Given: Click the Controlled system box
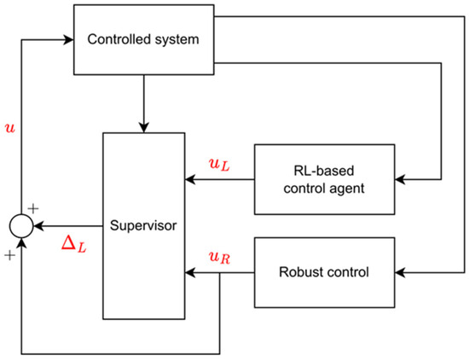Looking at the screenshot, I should (144, 39).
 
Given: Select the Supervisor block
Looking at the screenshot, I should (144, 226).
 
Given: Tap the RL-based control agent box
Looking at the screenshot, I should (325, 179).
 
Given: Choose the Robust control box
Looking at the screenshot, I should (325, 273).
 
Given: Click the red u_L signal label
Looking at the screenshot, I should (218, 163).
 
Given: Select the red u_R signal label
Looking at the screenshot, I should (218, 257).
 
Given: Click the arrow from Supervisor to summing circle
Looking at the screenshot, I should (68, 227).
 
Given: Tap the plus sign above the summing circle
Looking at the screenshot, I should (34, 207).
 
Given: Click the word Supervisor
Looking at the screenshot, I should (143, 227).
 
